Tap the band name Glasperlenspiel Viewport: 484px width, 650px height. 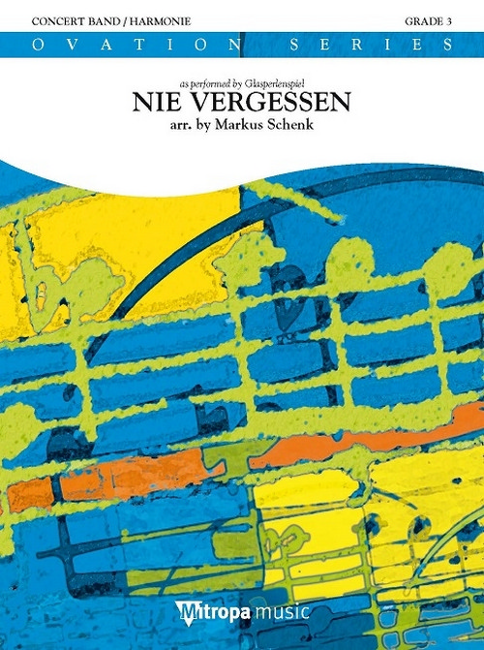coord(279,83)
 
